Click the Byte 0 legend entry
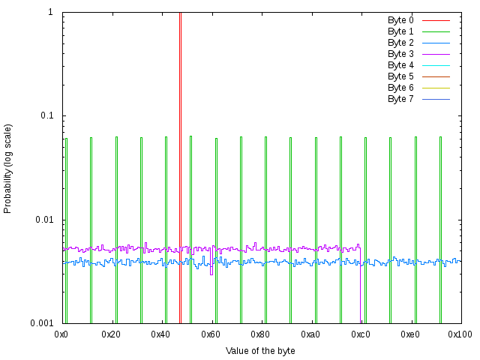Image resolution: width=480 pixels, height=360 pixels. pyautogui.click(x=400, y=20)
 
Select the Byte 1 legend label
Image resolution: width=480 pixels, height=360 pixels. pyautogui.click(x=400, y=31)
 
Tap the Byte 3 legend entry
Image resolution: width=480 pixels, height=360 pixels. pyautogui.click(x=400, y=54)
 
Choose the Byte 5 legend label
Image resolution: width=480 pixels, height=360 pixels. pyautogui.click(x=400, y=76)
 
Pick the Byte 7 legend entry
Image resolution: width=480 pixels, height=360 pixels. pyautogui.click(x=400, y=99)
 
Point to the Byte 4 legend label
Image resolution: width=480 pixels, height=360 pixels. pyautogui.click(x=400, y=65)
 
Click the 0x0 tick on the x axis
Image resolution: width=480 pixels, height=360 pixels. pyautogui.click(x=61, y=334)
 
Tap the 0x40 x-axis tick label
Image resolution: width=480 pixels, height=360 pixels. pyautogui.click(x=161, y=334)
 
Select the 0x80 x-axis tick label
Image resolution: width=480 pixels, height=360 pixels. pyautogui.click(x=260, y=334)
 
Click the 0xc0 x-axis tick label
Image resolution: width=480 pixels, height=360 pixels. pyautogui.click(x=360, y=334)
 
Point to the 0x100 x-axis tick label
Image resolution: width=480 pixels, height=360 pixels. pyautogui.click(x=460, y=334)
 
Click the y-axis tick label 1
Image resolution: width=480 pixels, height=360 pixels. pyautogui.click(x=50, y=13)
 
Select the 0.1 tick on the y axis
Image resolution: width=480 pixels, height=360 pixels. pyautogui.click(x=46, y=116)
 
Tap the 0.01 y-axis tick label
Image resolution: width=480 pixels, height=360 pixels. pyautogui.click(x=44, y=220)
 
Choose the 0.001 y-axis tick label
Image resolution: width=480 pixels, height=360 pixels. pyautogui.click(x=42, y=323)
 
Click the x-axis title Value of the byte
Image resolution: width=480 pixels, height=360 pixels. pyautogui.click(x=260, y=351)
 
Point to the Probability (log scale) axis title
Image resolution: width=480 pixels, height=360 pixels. pyautogui.click(x=8, y=168)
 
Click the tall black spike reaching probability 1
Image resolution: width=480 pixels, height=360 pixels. pyautogui.click(x=180, y=112)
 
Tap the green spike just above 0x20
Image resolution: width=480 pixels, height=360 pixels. pyautogui.click(x=116, y=225)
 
